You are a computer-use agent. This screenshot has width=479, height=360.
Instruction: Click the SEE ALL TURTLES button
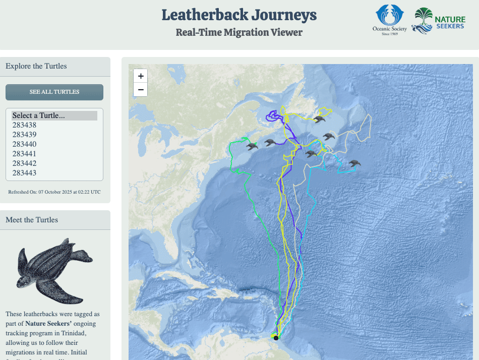tap(54, 92)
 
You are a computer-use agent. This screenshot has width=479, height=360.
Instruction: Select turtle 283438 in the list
tap(24, 125)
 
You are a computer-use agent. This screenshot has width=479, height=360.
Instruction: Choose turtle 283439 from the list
tap(24, 135)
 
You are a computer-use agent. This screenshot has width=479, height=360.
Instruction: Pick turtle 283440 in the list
tap(24, 144)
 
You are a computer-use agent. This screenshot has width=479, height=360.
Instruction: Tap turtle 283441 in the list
tap(24, 154)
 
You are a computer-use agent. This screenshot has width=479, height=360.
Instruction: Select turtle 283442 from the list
tap(24, 163)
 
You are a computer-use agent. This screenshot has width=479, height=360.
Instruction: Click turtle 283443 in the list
tap(24, 173)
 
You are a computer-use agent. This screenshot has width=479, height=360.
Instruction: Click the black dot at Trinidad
tap(276, 338)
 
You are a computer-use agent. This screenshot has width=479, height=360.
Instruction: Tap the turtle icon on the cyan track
tap(354, 164)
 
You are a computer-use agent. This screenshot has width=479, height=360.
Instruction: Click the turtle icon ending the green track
tap(252, 147)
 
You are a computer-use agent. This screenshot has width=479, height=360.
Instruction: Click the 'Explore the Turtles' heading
tap(36, 66)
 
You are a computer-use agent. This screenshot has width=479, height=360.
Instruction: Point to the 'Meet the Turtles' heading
tap(32, 220)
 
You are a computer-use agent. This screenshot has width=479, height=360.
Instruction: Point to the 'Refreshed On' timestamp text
tap(54, 192)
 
